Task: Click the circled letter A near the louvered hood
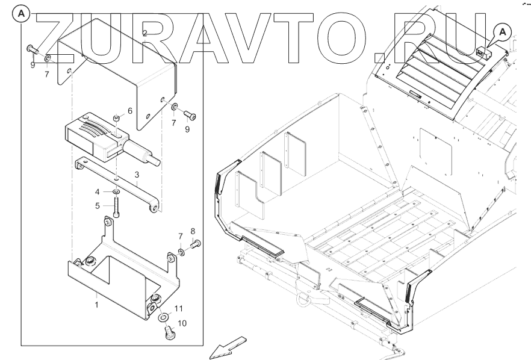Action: pos(503,30)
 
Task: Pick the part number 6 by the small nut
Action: pos(129,111)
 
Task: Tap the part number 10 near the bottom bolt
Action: pos(182,323)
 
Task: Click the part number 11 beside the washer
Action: pos(179,309)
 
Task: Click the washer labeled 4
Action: pos(115,192)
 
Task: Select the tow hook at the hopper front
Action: pos(299,296)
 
